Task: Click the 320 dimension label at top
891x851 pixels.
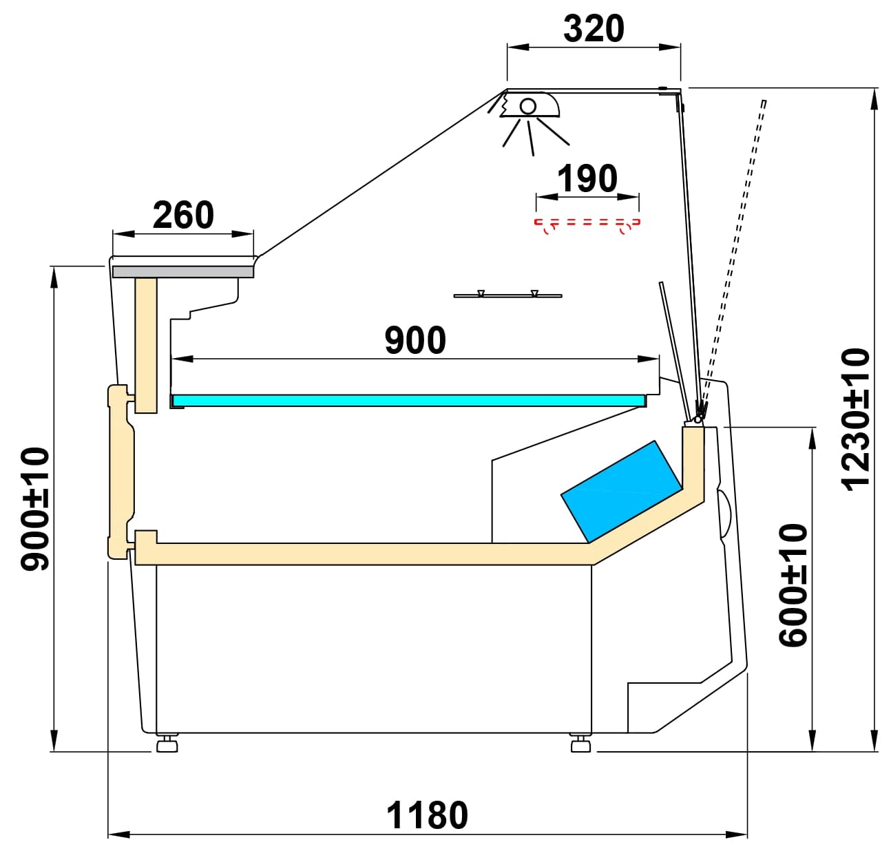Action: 594,29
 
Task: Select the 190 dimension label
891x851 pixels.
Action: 587,179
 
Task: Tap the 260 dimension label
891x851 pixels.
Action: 183,216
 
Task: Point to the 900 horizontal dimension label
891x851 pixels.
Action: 415,341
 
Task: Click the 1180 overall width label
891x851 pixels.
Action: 427,816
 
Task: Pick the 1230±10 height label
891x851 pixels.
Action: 856,419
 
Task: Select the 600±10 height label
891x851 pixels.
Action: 793,585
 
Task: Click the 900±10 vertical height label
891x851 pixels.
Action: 36,509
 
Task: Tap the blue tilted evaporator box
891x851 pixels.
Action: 620,490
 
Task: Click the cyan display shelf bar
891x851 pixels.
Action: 409,400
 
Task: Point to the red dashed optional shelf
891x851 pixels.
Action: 587,223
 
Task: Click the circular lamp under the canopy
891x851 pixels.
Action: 528,106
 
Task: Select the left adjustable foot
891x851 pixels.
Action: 167,744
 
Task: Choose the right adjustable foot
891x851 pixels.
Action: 580,744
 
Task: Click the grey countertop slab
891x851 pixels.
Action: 183,272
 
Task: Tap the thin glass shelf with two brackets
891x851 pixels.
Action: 507,295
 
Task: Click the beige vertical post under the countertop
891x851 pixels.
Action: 146,344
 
